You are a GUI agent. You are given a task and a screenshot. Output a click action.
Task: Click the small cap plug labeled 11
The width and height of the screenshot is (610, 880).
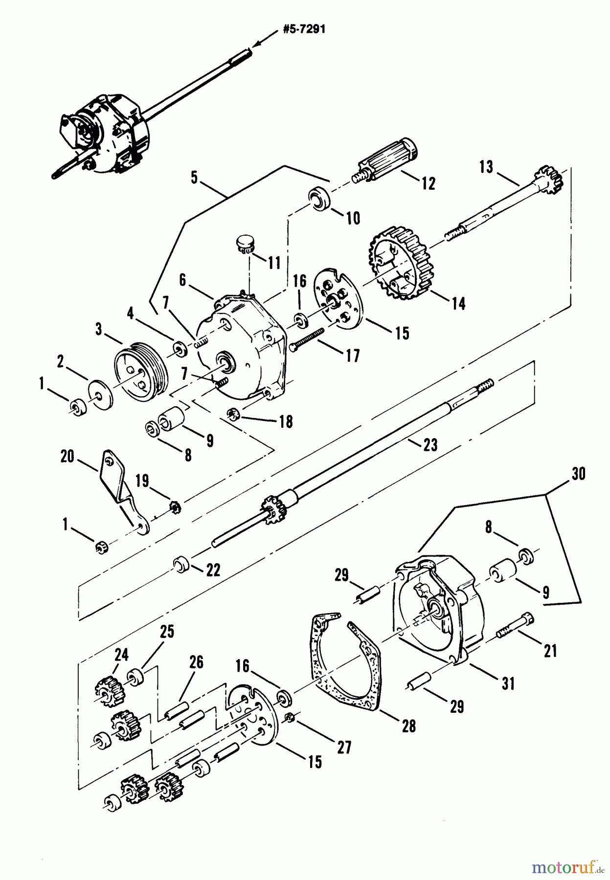[x=243, y=243]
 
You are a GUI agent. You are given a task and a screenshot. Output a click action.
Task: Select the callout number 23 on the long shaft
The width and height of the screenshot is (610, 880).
[x=430, y=444]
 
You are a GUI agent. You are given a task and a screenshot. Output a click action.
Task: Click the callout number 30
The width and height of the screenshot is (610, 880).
[x=578, y=474]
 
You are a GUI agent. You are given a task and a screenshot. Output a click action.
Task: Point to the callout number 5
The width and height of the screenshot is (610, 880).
[x=194, y=178]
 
